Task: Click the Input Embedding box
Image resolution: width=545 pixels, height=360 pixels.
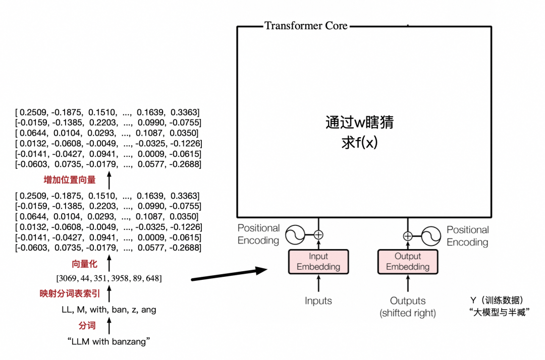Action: pyautogui.click(x=318, y=262)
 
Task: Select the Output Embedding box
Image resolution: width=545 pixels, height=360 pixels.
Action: pyautogui.click(x=408, y=262)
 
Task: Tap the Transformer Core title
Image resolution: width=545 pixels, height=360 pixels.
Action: pyautogui.click(x=306, y=26)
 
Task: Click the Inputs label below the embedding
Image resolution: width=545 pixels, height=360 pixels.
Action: pyautogui.click(x=318, y=301)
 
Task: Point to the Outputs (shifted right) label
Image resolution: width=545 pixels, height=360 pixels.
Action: pyautogui.click(x=408, y=307)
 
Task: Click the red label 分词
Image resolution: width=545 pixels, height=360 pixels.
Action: pyautogui.click(x=87, y=326)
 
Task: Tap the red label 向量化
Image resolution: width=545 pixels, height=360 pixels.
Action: pyautogui.click(x=84, y=264)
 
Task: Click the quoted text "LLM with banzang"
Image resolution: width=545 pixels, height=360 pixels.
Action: pyautogui.click(x=109, y=342)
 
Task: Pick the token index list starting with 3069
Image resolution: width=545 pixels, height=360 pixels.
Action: pyautogui.click(x=109, y=278)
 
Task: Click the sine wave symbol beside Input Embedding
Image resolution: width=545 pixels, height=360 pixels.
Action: pyautogui.click(x=296, y=234)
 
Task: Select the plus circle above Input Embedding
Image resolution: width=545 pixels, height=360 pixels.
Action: pyautogui.click(x=318, y=234)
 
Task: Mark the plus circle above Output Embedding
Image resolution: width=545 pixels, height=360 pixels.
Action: pyautogui.click(x=408, y=235)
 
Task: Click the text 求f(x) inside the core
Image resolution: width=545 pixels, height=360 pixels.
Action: pyautogui.click(x=359, y=143)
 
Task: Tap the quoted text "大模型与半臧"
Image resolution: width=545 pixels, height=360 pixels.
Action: pyautogui.click(x=498, y=313)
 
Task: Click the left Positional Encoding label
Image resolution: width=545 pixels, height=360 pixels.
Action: pyautogui.click(x=258, y=234)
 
